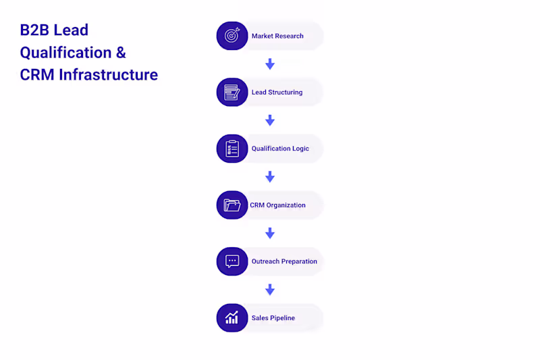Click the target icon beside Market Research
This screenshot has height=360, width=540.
tap(232, 36)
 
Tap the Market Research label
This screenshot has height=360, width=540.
tap(277, 36)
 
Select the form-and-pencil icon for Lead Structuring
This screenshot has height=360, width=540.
tap(232, 92)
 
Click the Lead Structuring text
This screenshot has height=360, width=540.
tap(277, 93)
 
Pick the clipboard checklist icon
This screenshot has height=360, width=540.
tap(232, 149)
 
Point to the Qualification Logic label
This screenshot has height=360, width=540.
tap(280, 149)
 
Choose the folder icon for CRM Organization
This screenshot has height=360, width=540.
tap(232, 205)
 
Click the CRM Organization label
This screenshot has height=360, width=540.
tap(277, 205)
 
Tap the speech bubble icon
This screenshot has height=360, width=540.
tap(232, 261)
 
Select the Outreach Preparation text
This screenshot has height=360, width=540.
tap(284, 261)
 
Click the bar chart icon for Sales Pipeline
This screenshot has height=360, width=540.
tap(232, 317)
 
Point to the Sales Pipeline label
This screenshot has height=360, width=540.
tap(273, 318)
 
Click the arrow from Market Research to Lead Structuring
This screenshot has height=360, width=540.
tap(270, 64)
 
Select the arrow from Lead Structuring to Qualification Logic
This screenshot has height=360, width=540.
tap(270, 120)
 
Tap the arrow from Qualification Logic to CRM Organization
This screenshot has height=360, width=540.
tap(270, 177)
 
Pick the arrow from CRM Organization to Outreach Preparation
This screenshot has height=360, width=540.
tap(270, 233)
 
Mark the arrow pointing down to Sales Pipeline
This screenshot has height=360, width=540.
tap(270, 290)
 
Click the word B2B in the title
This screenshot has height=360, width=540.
tap(34, 30)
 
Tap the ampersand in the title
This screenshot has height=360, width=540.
tap(121, 53)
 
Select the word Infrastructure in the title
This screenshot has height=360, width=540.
tap(108, 75)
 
